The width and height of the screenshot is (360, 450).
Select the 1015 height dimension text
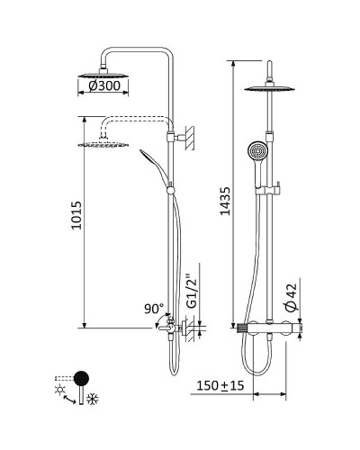[x=76, y=219]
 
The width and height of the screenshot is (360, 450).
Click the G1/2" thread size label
[x=191, y=290]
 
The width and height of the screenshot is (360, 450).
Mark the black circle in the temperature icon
[x=81, y=377]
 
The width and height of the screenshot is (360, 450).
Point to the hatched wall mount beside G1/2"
[x=191, y=330]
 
